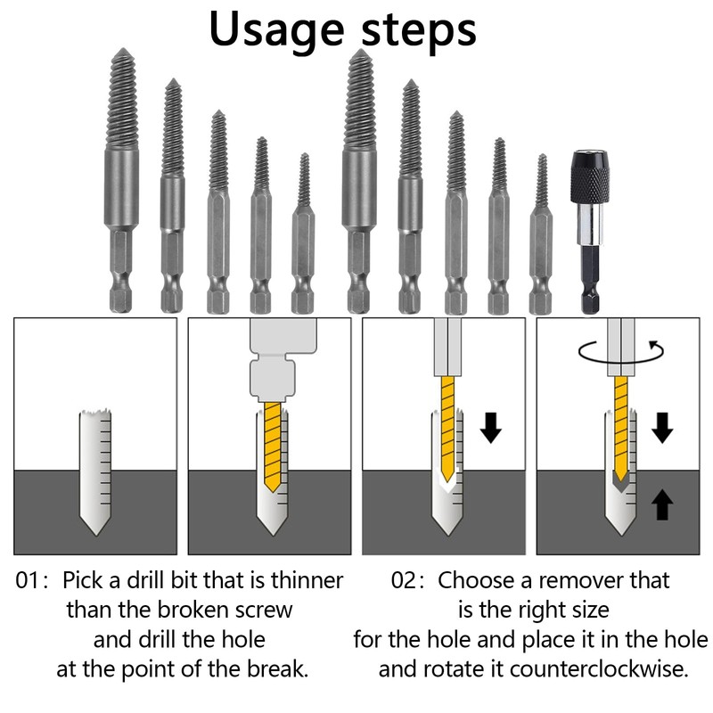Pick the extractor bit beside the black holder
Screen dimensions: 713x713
(541, 236)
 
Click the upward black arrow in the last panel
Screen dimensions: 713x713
(661, 505)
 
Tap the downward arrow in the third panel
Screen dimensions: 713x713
(490, 428)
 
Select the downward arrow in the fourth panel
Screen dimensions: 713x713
(661, 428)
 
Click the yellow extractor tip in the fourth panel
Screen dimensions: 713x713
(620, 432)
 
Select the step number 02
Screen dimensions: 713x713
(406, 581)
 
